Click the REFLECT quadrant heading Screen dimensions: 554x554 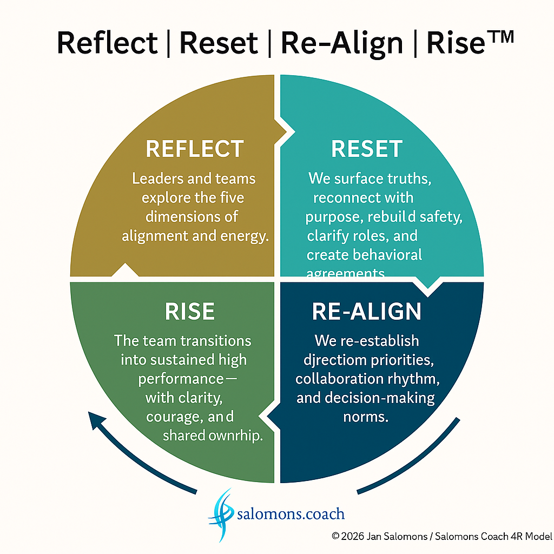coord(195,149)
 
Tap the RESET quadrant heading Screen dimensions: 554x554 coord(367,149)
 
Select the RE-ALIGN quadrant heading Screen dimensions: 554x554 coord(366,312)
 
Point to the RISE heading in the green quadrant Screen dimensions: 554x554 coord(189,312)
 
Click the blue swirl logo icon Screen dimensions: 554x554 coord(222,514)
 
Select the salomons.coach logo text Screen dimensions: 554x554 coord(291,513)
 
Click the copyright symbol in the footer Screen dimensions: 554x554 coord(335,536)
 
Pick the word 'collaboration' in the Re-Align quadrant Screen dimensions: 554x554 coord(330,379)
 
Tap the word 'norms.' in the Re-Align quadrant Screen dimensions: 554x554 coord(366,417)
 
